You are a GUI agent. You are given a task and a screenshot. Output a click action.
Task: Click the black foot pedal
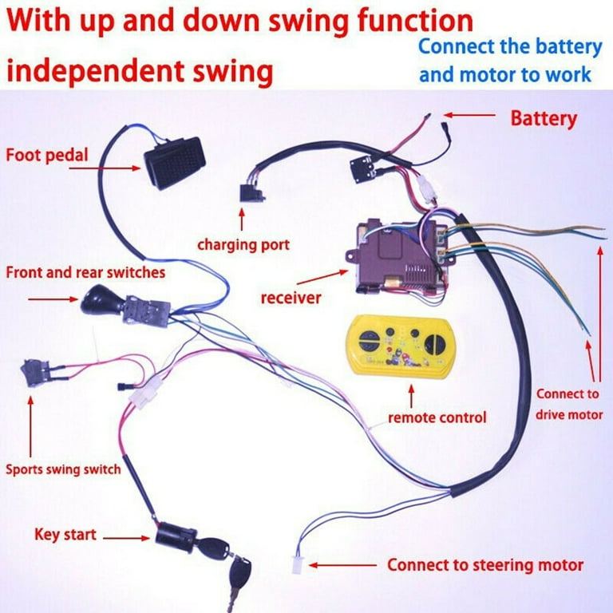(x=175, y=161)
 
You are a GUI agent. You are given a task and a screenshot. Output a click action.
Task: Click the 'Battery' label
(x=543, y=119)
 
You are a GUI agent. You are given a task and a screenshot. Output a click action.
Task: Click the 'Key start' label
(x=65, y=533)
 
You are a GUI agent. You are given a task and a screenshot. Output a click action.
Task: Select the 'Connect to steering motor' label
(x=484, y=565)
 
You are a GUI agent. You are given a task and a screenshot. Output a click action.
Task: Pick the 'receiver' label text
(x=291, y=298)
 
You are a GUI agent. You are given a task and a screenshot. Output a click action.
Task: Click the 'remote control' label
(x=436, y=417)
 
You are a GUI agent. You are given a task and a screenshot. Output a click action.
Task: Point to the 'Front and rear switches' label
(x=85, y=272)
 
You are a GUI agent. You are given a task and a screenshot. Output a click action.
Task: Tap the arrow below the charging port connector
(x=241, y=218)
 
